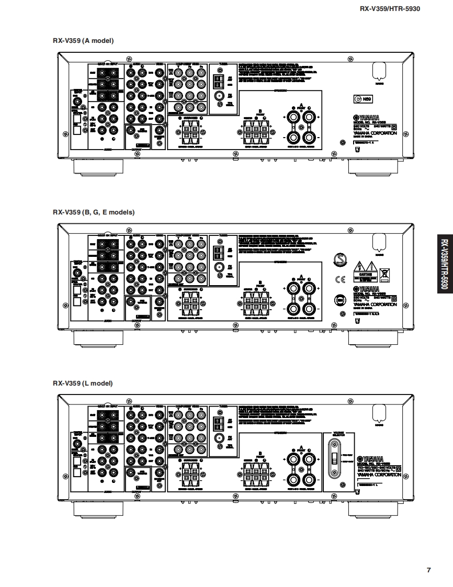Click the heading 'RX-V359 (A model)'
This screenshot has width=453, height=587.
click(x=83, y=41)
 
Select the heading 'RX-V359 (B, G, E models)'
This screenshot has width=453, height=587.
click(x=94, y=212)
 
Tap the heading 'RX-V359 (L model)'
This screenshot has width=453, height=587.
click(x=83, y=383)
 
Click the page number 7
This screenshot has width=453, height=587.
click(x=428, y=570)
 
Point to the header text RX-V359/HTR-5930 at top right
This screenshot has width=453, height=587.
click(x=390, y=8)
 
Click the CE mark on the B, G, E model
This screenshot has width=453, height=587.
click(x=341, y=278)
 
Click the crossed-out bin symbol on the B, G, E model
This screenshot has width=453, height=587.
click(x=384, y=272)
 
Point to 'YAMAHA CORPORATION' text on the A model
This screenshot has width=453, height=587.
click(x=375, y=133)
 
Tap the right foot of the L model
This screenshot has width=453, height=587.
click(x=373, y=508)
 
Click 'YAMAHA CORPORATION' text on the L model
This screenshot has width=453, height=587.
click(x=379, y=475)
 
